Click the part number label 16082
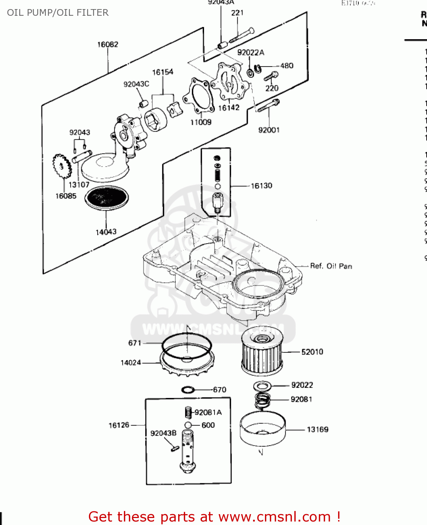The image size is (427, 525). coord(107,44)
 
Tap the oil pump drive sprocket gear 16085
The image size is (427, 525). coord(62,166)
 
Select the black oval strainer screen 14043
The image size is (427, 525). coord(107,198)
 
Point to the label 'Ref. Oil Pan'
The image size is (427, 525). coord(331,266)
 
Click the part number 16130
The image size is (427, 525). coord(261,186)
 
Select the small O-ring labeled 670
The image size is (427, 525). coord(188,390)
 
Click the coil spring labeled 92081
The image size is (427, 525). coord(262,400)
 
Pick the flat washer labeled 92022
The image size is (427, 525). coord(262,386)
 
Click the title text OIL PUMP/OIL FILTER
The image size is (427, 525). coord(58,13)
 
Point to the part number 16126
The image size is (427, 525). coord(119,425)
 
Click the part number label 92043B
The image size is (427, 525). coord(163,433)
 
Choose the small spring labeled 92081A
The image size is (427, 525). coord(189,412)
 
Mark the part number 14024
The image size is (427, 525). coord(131,363)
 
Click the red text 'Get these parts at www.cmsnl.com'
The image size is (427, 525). coord(214,517)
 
